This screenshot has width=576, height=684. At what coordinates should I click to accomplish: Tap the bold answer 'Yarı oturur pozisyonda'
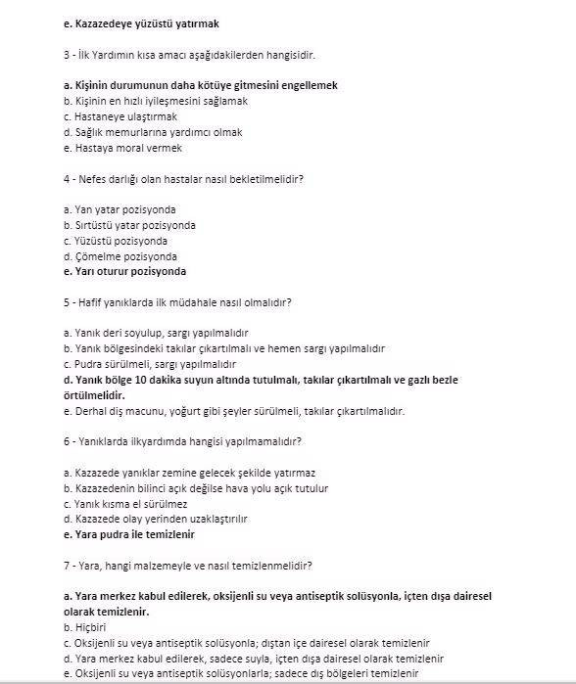click(x=123, y=271)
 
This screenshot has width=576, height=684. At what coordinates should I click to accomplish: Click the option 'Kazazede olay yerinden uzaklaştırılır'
click(x=155, y=519)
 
